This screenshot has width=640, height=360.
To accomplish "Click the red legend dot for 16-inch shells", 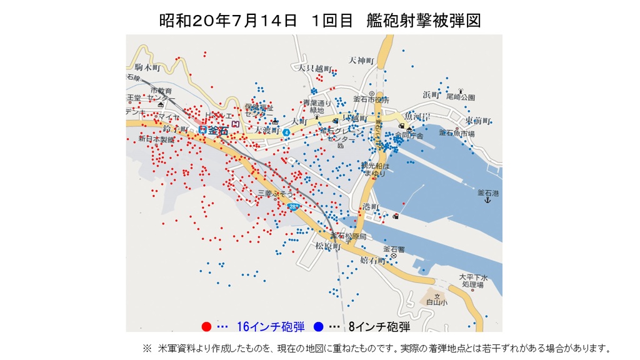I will coord(206,326).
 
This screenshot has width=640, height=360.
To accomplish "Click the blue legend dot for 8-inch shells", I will coord(318,326).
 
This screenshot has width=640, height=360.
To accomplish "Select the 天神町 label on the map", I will coord(361,61).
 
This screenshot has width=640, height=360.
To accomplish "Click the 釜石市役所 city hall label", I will coord(371,100).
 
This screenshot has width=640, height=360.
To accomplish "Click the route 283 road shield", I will coord(294,206).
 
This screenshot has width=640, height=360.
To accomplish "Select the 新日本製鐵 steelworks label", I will coord(156,138).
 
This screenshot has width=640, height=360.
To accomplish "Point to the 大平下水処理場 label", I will coord(471,280).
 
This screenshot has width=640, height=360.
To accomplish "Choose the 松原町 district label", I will coord(327,246).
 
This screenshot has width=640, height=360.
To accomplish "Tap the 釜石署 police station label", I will coord(394,249).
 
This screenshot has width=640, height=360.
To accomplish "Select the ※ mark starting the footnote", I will coord(147,347).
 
